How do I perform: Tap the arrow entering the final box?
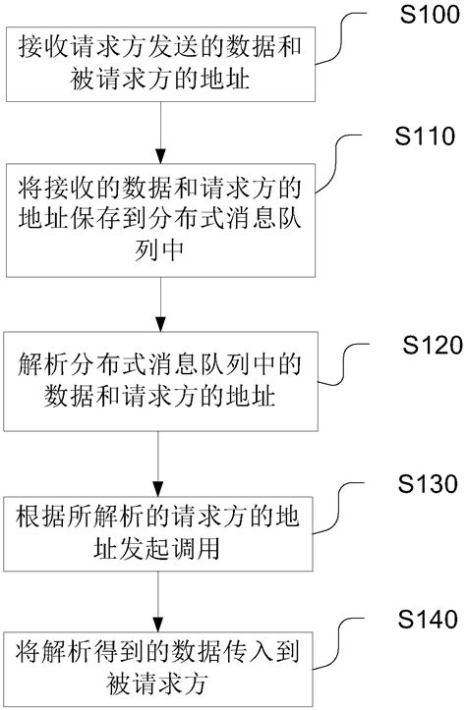tap(159, 595)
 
